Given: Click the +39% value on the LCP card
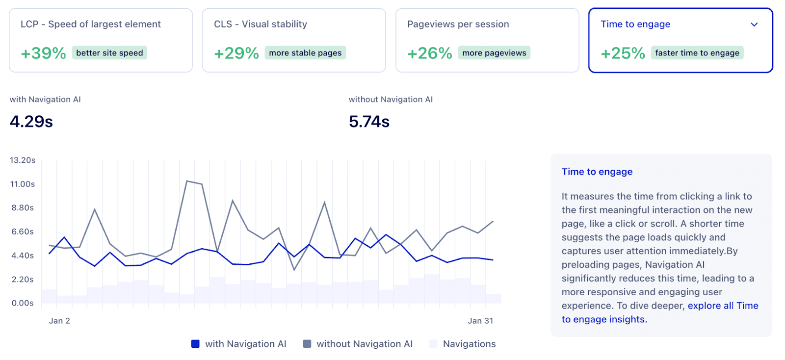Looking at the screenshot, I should point(43,53).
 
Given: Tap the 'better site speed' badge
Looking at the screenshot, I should point(109,53).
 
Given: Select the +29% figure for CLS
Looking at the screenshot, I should point(236,53).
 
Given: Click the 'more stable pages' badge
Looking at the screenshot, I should point(305,53).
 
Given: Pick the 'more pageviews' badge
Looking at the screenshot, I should point(494,53).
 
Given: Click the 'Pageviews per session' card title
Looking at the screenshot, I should point(458,24).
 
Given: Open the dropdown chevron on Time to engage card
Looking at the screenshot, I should point(754,25).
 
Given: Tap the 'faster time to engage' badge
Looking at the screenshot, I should point(697,53).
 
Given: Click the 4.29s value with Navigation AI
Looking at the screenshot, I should point(31,121).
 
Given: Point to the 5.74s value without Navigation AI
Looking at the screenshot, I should point(369,121).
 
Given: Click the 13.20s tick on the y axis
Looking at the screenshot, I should point(23,160).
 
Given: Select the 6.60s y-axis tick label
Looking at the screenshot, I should point(23,231).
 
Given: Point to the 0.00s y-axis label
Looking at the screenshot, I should point(23,303).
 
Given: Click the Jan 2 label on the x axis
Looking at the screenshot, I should point(59,321).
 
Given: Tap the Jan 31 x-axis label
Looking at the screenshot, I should point(480,321).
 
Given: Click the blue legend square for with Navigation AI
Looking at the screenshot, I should point(195,344).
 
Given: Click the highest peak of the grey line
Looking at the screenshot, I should point(187,181).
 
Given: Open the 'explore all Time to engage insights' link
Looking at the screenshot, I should point(723,306).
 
